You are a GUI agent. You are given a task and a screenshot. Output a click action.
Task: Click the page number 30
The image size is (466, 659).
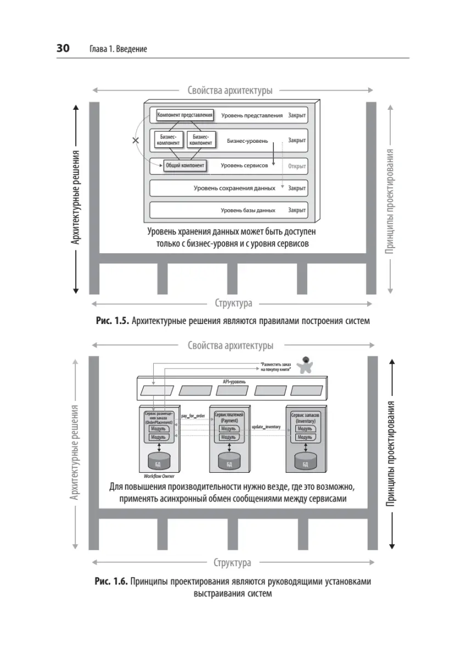tap(63, 49)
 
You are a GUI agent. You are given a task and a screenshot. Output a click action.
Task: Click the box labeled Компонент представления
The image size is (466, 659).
tap(184, 115)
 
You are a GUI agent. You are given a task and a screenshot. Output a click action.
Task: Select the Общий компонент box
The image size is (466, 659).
tap(185, 165)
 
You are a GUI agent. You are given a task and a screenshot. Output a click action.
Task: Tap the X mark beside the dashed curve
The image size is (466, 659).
tap(136, 141)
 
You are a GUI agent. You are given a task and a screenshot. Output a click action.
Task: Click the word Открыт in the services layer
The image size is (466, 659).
tap(296, 165)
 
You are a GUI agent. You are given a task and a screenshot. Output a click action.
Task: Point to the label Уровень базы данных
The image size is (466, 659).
tap(248, 210)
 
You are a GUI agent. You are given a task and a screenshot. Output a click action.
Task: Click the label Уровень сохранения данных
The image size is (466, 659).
tap(234, 188)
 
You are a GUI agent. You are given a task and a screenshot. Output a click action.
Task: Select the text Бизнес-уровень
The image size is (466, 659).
tap(248, 141)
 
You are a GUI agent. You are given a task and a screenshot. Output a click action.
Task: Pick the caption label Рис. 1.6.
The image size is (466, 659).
tap(111, 582)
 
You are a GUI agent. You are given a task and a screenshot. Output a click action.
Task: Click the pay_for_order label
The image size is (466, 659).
tap(192, 416)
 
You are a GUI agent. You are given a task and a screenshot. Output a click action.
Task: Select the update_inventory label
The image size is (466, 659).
tap(266, 427)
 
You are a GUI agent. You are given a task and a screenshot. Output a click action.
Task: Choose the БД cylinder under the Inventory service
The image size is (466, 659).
tap(305, 461)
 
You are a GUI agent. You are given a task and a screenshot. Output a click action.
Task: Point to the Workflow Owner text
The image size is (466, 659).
tap(159, 476)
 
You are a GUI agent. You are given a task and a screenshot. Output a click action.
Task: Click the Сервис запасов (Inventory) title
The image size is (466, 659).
tap(305, 418)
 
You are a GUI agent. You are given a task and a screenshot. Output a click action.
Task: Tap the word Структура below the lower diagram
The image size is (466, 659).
tap(233, 562)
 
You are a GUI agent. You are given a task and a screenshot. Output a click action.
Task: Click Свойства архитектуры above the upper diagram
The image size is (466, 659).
tap(230, 91)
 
